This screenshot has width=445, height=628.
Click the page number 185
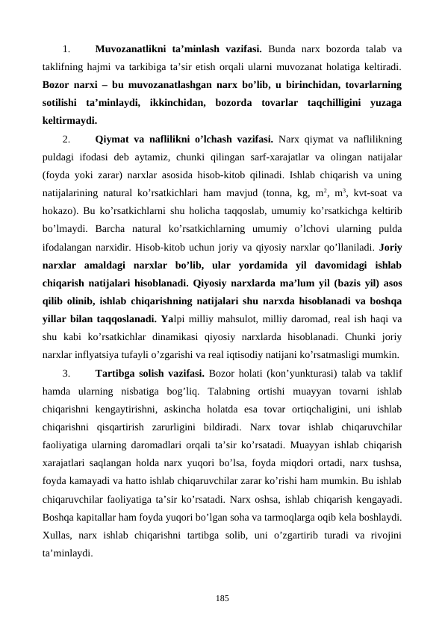222,597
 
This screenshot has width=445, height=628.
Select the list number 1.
66,51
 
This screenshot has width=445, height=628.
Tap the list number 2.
66,138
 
